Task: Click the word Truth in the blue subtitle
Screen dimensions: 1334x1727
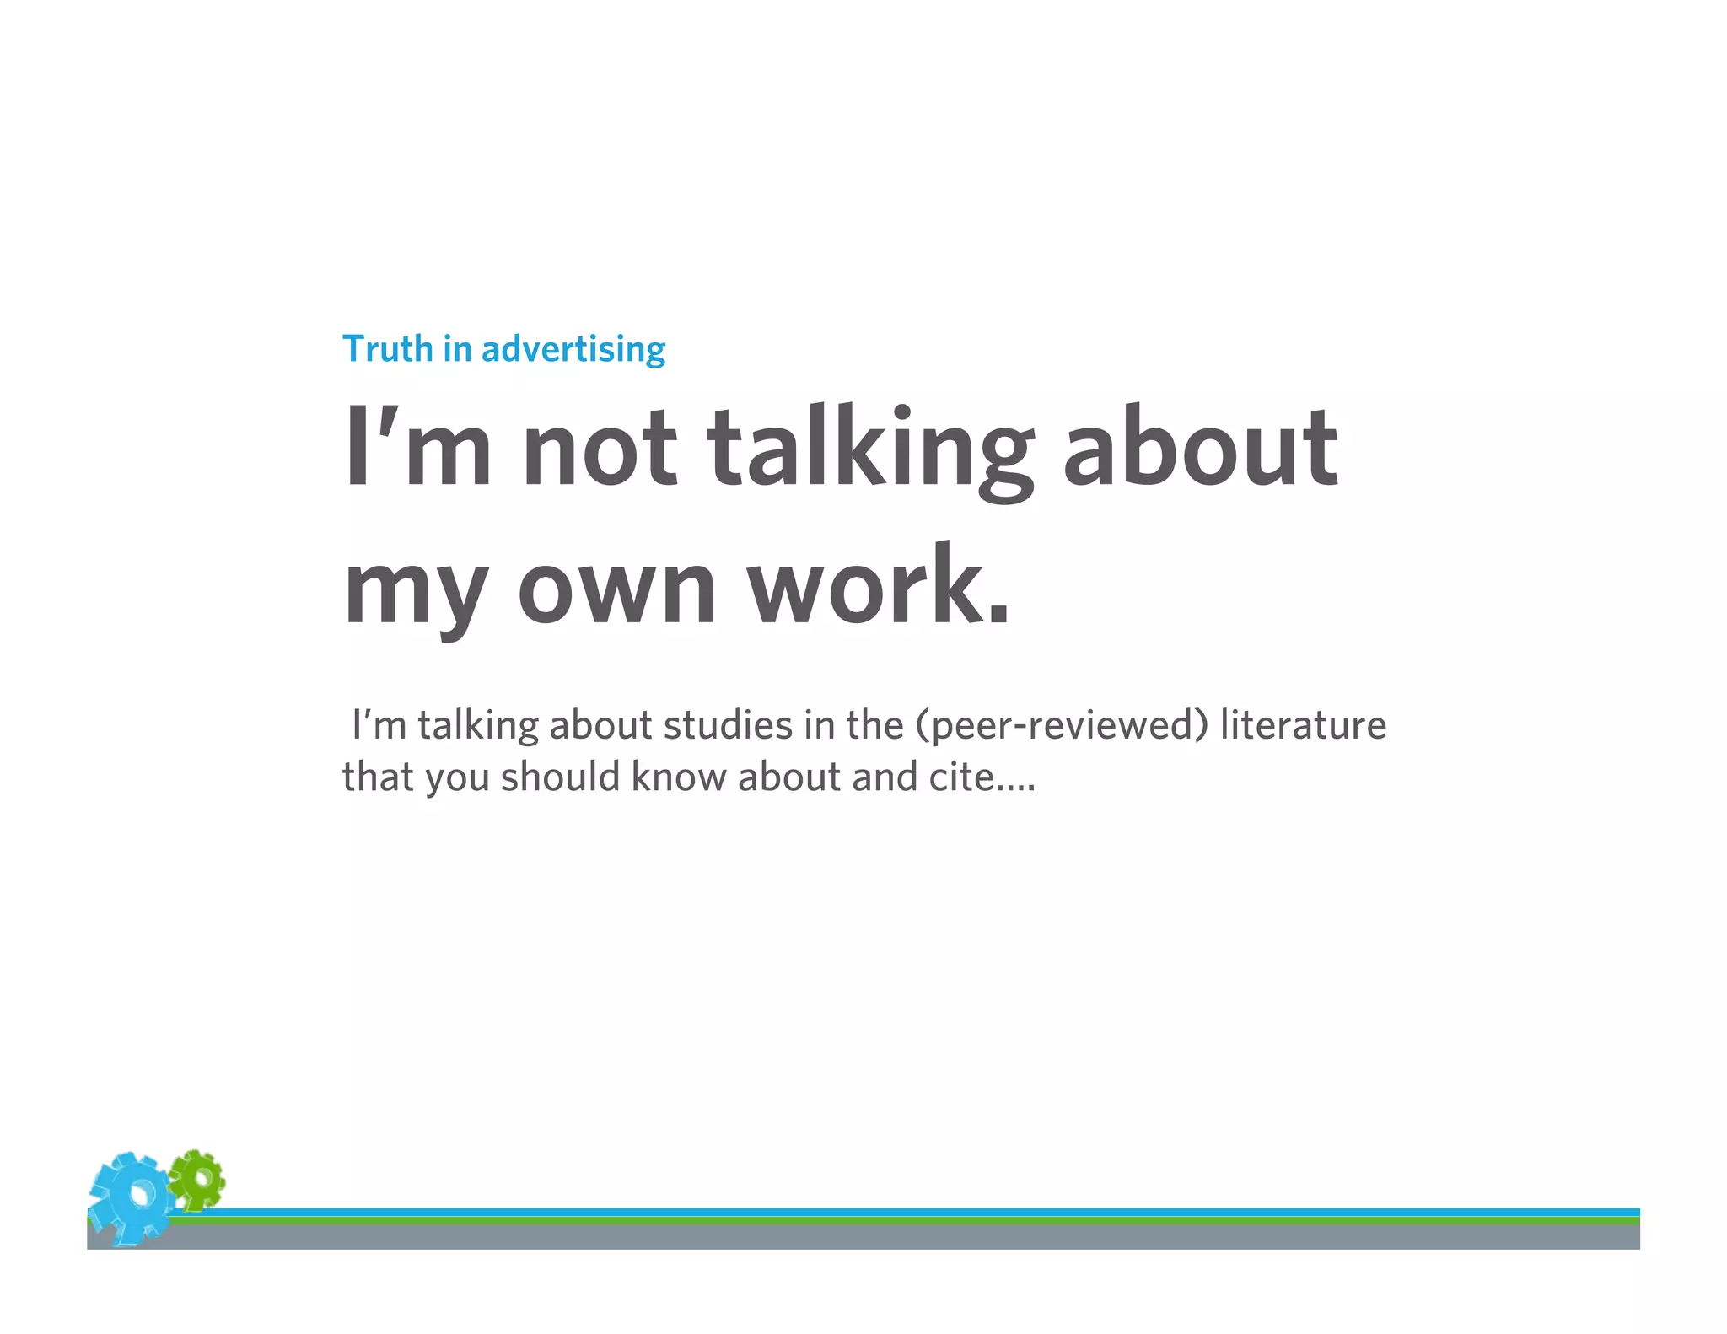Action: (x=387, y=349)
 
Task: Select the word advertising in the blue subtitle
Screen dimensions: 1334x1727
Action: (x=573, y=349)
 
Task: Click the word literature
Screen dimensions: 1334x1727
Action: (x=1303, y=725)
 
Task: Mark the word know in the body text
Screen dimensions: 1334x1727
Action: (x=679, y=777)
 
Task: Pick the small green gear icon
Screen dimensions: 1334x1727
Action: (x=197, y=1178)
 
